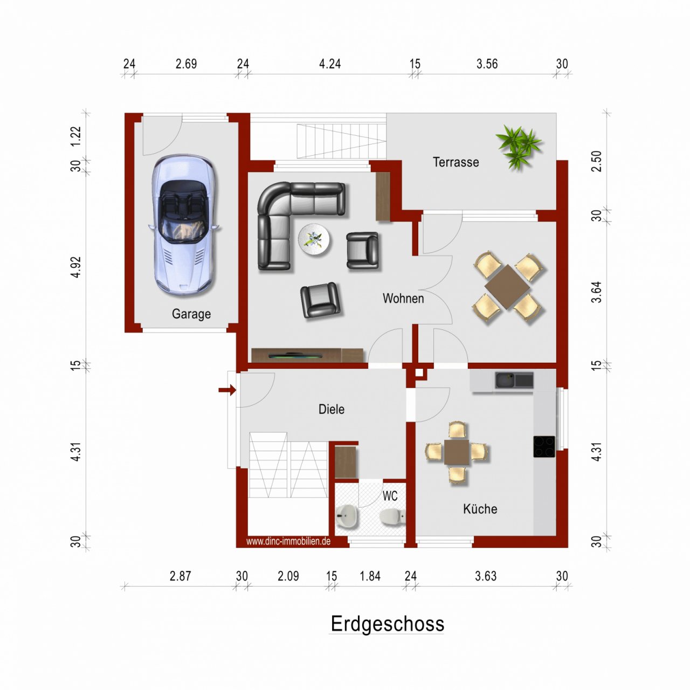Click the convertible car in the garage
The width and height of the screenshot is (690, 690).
coord(184,225)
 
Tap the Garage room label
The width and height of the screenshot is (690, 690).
coord(191,314)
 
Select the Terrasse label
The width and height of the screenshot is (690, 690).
coord(456,162)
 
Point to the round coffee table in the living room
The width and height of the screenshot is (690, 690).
coord(315,239)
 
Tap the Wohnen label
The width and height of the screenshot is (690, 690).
coord(403,299)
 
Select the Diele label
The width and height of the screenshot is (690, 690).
coord(331,409)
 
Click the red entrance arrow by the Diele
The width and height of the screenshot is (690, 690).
coord(227,390)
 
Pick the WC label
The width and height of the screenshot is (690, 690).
coord(390,496)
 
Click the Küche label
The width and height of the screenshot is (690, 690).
coord(480,509)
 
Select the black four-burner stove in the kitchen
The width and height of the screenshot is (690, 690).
coord(544,446)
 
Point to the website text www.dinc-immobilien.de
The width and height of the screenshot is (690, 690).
coord(288,541)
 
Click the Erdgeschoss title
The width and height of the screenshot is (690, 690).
coord(387,624)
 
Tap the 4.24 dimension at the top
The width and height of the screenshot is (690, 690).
coord(330,64)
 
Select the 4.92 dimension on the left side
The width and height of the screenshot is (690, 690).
coord(76,267)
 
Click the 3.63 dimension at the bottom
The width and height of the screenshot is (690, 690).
coord(485,576)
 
